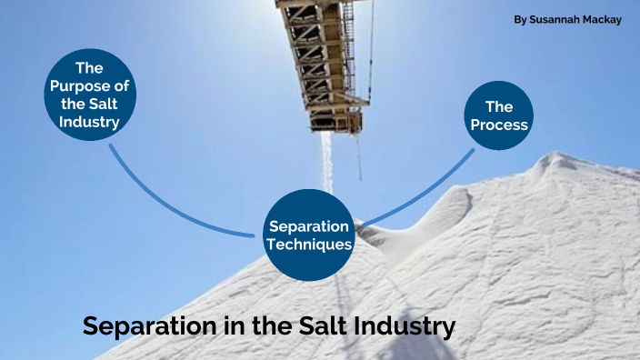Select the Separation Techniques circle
309,235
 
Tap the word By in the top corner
520,19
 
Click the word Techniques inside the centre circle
309,244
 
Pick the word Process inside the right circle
499,125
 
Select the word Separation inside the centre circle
309,226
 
